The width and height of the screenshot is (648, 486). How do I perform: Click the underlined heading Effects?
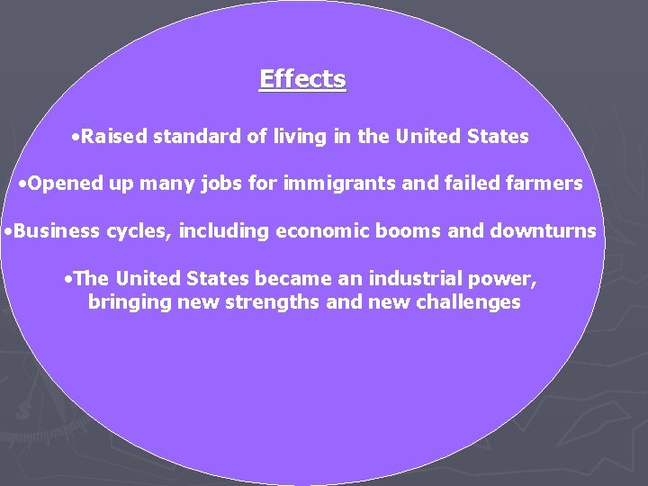tap(302, 79)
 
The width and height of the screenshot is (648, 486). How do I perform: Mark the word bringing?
tap(125, 302)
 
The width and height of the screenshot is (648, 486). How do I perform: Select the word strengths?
tap(275, 302)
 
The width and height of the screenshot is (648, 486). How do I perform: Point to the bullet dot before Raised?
tap(74, 138)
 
